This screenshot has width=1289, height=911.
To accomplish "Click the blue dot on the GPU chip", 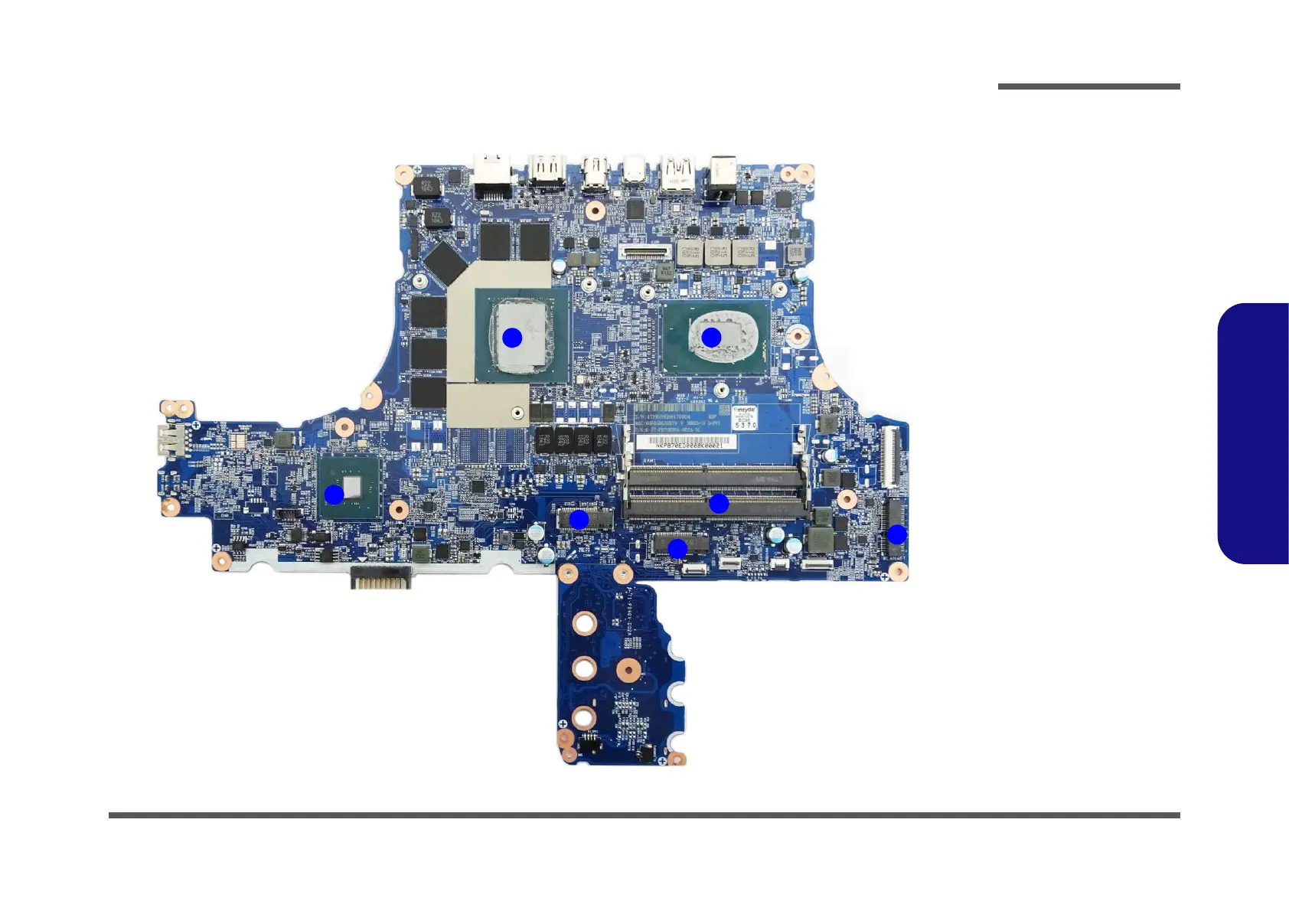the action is (512, 338).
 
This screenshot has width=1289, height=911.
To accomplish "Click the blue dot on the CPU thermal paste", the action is (711, 337).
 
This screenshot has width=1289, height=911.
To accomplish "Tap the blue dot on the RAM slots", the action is (718, 504).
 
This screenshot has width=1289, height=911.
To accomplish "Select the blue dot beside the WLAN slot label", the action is (896, 534).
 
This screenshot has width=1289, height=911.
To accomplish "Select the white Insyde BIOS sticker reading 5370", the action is (744, 418).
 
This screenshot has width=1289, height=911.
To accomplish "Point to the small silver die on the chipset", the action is (353, 486).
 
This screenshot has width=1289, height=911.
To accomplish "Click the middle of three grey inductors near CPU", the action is (718, 252).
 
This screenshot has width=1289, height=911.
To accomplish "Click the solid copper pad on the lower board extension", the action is (628, 671).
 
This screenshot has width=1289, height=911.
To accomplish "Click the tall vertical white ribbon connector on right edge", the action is (891, 457).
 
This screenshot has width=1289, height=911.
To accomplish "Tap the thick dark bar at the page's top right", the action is (1088, 87).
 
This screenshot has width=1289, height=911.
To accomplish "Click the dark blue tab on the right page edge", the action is (1253, 433).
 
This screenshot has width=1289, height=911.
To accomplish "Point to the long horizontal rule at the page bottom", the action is (644, 815).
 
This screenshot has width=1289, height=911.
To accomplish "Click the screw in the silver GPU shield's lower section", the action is (517, 414).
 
